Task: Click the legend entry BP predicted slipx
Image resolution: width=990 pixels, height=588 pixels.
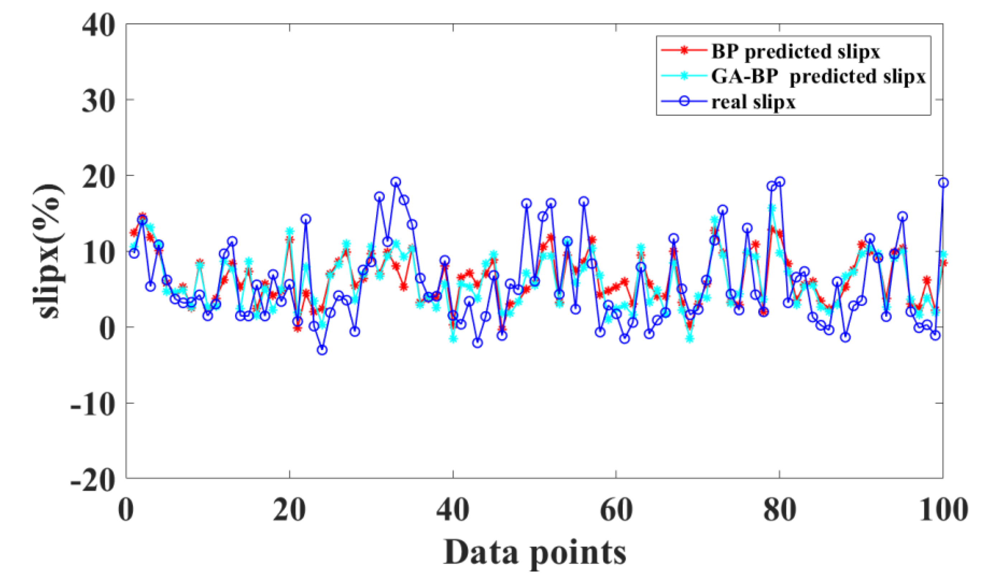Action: [x=795, y=52]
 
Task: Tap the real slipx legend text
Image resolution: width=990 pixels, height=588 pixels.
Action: [x=753, y=102]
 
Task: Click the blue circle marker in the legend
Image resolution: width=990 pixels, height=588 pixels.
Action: [x=684, y=101]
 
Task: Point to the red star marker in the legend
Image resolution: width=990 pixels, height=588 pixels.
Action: [x=684, y=50]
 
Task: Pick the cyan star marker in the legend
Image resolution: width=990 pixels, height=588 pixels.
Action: [x=684, y=76]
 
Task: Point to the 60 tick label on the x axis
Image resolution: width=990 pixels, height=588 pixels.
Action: [x=616, y=510]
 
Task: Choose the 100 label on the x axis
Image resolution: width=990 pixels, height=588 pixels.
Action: [x=943, y=510]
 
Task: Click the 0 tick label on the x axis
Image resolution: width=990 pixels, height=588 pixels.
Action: [x=126, y=510]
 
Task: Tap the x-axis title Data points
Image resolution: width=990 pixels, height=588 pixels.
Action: [x=534, y=553]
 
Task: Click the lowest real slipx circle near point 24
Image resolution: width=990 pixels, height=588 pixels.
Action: [x=322, y=350]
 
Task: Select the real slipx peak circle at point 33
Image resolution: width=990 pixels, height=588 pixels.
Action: [x=395, y=182]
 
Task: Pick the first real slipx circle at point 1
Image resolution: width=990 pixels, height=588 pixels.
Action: [x=134, y=253]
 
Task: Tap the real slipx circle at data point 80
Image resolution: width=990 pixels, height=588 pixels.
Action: [x=780, y=182]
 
